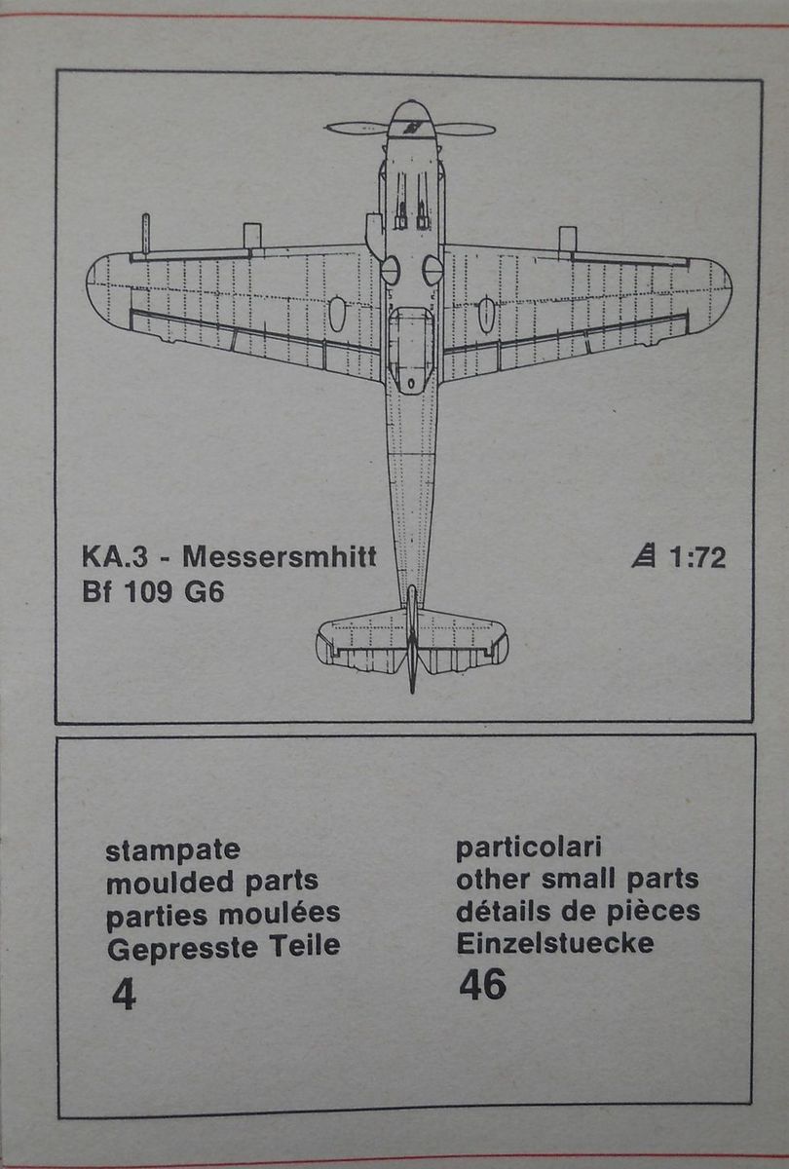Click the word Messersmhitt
click(x=280, y=558)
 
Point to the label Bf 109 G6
click(x=154, y=592)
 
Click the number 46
click(x=482, y=986)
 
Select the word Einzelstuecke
click(x=555, y=943)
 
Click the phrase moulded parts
click(x=211, y=882)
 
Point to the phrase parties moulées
click(x=222, y=914)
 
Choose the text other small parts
click(x=577, y=879)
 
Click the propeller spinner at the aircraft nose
click(x=411, y=119)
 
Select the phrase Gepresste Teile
click(x=222, y=945)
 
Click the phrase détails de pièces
click(x=578, y=911)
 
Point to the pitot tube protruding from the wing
click(x=145, y=234)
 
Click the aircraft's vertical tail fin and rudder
click(x=412, y=643)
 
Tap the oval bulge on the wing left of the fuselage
click(x=337, y=314)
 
